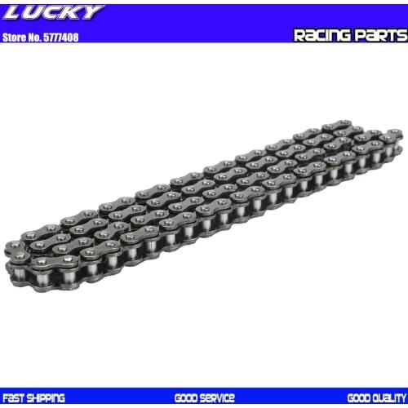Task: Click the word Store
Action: click(x=16, y=37)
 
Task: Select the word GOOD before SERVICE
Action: click(x=186, y=398)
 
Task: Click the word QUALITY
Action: click(x=390, y=398)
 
